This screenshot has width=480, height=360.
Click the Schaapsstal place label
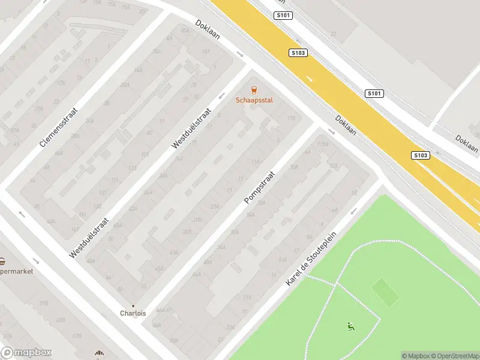254,100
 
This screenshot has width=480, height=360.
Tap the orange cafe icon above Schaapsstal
254,91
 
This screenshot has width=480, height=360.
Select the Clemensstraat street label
59,124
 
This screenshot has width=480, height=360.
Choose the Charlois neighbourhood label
133,313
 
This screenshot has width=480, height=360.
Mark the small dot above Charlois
133,305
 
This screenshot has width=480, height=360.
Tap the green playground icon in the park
351,326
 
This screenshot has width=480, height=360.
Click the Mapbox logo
26,353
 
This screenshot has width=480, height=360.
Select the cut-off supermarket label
16,271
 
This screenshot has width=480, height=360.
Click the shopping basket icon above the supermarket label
2,261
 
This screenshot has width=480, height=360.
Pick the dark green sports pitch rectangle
385,292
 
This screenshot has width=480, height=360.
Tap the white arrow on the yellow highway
310,79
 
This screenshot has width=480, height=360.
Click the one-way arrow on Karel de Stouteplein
353,211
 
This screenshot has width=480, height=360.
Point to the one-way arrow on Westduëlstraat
221,96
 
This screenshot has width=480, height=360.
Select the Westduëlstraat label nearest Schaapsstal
192,128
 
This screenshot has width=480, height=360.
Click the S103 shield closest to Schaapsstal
298,53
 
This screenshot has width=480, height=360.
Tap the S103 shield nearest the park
421,155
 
